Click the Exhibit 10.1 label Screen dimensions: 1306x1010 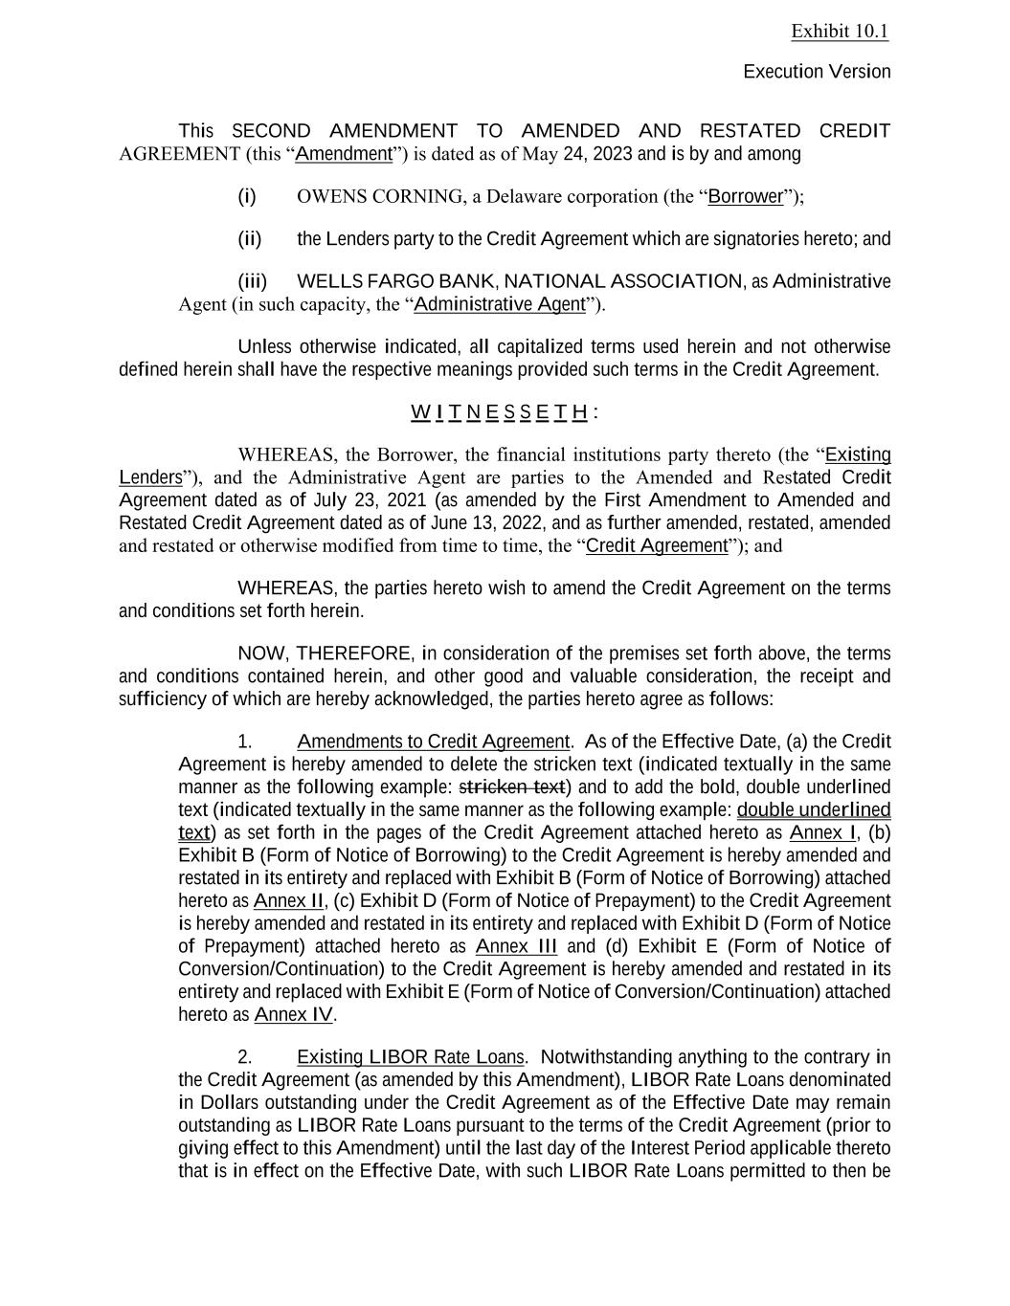[x=840, y=32]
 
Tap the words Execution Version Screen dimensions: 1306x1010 [x=817, y=72]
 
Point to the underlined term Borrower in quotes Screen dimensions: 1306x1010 [x=746, y=197]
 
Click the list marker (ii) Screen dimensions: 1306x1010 [x=249, y=239]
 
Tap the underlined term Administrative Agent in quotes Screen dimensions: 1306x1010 [x=499, y=305]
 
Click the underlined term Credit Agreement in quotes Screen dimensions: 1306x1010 [x=657, y=546]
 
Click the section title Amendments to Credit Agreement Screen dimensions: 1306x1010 [x=433, y=742]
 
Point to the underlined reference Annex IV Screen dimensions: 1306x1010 [x=294, y=1015]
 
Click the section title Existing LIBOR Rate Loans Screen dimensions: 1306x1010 [x=411, y=1058]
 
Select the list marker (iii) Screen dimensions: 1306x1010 [x=252, y=281]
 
